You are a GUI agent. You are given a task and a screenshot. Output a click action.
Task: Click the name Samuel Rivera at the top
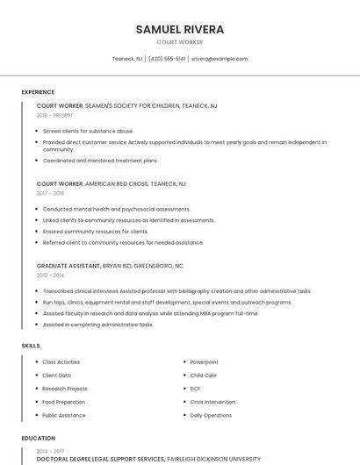180,29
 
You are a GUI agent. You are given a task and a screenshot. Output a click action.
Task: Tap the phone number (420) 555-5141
167,59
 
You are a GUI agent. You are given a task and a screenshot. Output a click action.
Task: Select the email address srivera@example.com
220,59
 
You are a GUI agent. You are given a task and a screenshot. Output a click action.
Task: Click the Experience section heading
38,92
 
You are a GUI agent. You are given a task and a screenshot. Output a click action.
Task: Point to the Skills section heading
31,346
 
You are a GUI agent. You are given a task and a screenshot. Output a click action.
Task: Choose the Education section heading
39,438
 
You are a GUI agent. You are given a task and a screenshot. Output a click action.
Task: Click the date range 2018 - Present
54,115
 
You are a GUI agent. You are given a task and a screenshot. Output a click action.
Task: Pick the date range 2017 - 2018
50,193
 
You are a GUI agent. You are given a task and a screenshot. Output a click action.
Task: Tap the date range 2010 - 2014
50,275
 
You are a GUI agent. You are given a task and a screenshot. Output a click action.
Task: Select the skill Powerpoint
204,361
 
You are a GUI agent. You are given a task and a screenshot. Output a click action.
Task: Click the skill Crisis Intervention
212,402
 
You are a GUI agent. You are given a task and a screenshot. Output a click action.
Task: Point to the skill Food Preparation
63,402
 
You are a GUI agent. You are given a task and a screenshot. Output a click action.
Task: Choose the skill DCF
196,389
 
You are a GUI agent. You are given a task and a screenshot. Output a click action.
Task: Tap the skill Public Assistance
64,415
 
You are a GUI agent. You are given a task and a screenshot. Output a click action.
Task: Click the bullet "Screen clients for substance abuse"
88,131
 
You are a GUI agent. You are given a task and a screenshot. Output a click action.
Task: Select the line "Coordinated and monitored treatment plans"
100,161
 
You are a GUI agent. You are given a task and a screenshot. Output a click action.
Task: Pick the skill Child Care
204,375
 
